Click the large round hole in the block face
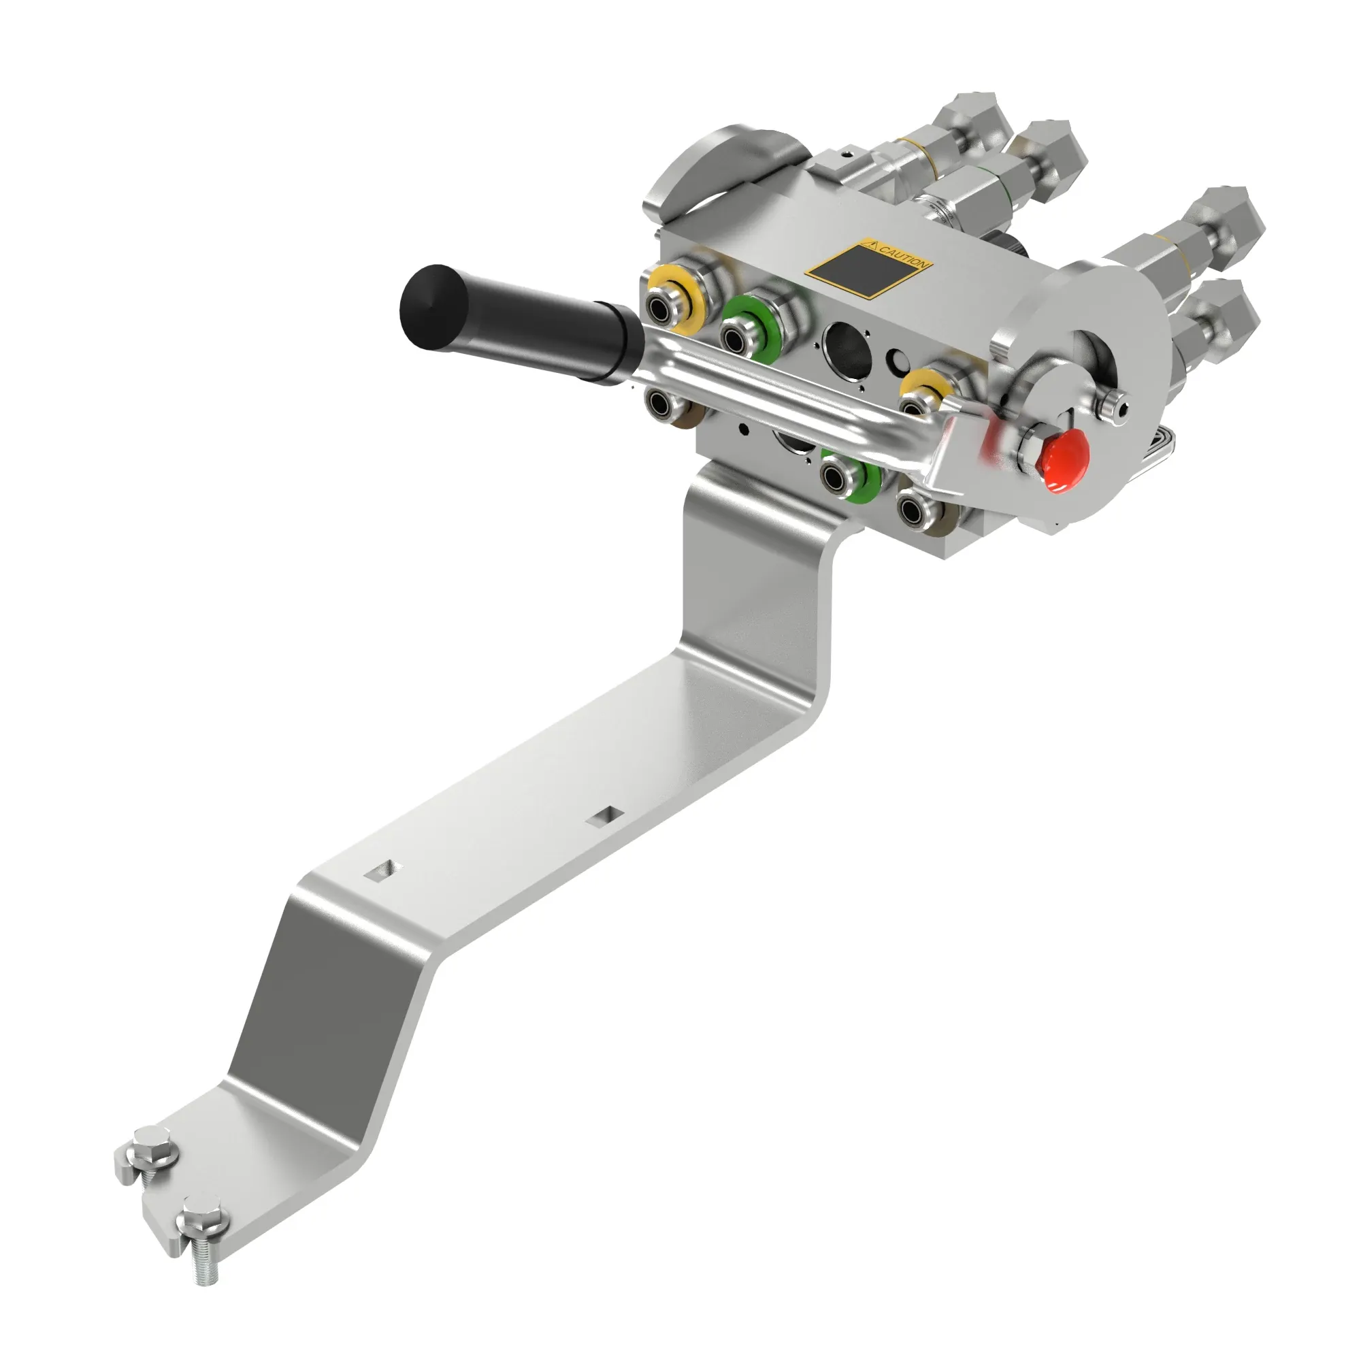pyautogui.click(x=847, y=350)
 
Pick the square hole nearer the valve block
pyautogui.click(x=606, y=815)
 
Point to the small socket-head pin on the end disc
pyautogui.click(x=1113, y=408)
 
